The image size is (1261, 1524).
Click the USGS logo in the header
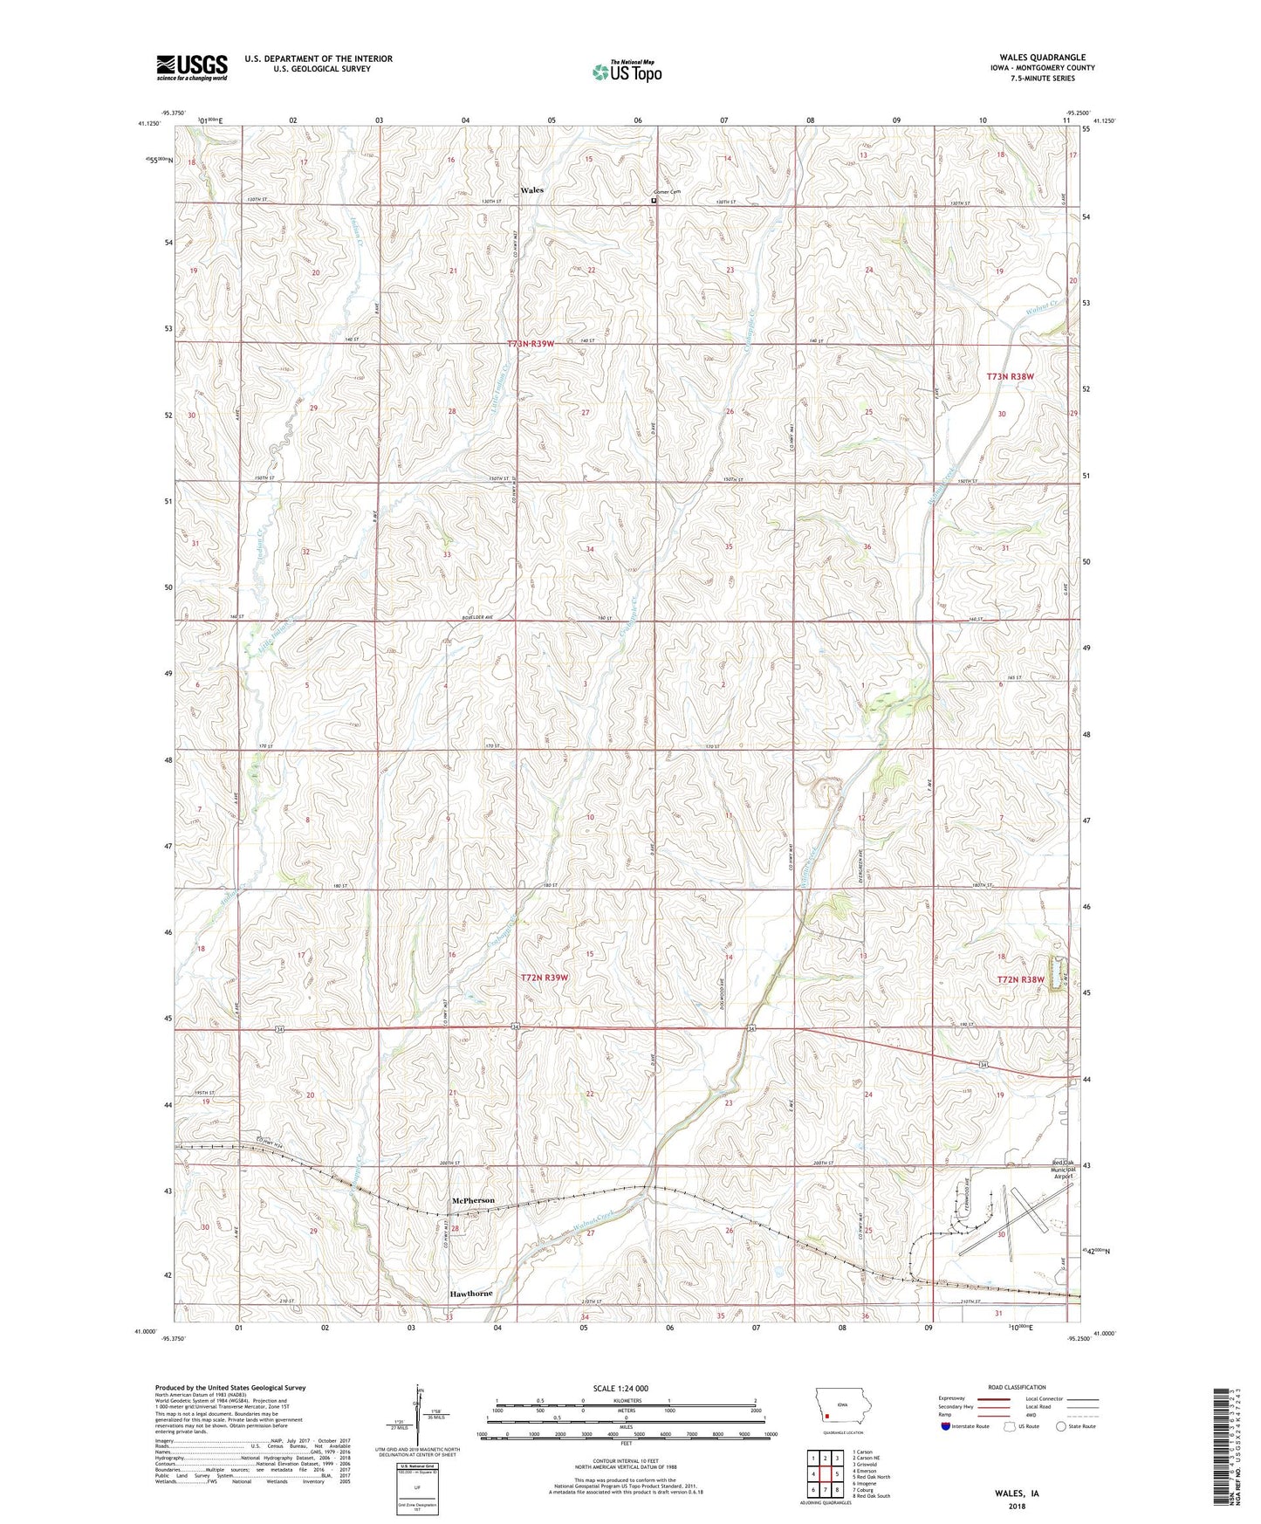(x=192, y=67)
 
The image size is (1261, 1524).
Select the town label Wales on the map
(x=531, y=190)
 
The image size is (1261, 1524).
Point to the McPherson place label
(x=472, y=1200)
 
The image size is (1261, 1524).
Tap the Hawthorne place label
(x=471, y=1294)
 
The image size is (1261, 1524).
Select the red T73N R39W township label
(x=531, y=344)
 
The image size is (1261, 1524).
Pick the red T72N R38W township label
(x=1020, y=980)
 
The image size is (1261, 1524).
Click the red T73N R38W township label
(x=1010, y=377)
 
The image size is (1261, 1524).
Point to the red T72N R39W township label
(x=545, y=978)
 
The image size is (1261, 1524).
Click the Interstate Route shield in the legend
(x=947, y=1426)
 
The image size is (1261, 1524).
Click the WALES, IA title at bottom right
(x=1017, y=1493)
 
